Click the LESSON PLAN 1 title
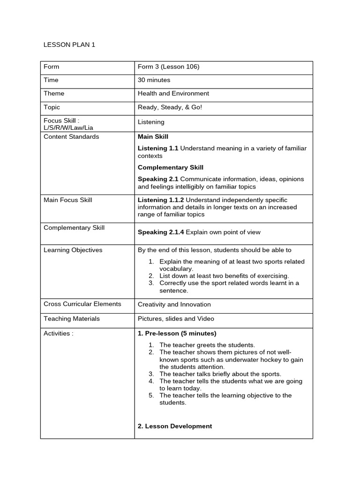69,45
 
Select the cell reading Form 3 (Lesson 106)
168,67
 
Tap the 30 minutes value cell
154,80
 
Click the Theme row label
54,93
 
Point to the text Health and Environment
173,93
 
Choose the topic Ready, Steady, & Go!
170,107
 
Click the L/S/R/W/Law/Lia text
68,127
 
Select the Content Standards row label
71,137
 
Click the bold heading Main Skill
153,137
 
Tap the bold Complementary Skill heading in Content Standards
170,167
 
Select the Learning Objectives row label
73,250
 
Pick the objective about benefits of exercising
224,276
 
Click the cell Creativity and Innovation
174,304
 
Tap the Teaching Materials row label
72,319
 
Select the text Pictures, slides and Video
176,319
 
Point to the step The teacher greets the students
207,345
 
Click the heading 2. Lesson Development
174,426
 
